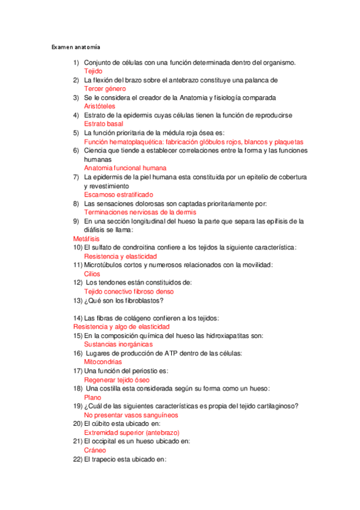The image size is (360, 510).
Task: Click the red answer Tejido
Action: click(93, 72)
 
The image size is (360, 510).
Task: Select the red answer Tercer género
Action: click(105, 89)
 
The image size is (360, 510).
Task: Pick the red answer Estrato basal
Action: click(103, 124)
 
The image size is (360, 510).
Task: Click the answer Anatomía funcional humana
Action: click(125, 168)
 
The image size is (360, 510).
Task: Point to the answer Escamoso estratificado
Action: click(118, 195)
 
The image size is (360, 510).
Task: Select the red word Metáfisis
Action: click(86, 239)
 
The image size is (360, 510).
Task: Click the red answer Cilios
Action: click(92, 274)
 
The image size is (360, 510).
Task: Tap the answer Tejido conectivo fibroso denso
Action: click(129, 292)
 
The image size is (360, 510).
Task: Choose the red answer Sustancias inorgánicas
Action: click(118, 345)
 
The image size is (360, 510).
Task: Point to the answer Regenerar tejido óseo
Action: click(117, 380)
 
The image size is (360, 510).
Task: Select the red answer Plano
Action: click(93, 398)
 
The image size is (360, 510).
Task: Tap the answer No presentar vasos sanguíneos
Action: click(131, 415)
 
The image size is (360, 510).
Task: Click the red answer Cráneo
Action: click(95, 450)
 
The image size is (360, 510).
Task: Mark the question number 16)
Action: click(77, 354)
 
